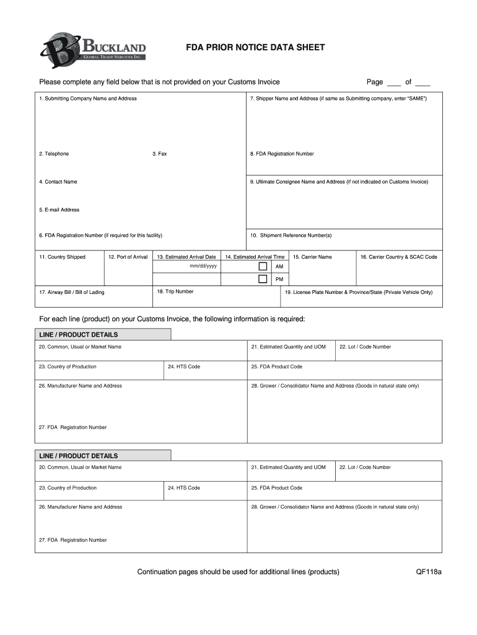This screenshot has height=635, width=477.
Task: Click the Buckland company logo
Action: click(93, 49)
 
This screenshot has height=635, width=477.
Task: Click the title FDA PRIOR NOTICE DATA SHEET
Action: click(255, 48)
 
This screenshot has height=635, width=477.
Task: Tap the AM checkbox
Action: click(263, 266)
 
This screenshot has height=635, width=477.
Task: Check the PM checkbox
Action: click(263, 279)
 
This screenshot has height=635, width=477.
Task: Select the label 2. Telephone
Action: click(54, 154)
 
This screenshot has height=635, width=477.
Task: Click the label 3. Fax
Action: click(160, 154)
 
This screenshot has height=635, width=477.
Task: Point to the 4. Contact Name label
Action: click(58, 182)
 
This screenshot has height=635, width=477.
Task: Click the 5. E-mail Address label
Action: click(59, 210)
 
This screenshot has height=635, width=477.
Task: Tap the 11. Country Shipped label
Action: click(62, 257)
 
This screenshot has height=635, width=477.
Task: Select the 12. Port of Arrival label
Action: click(128, 257)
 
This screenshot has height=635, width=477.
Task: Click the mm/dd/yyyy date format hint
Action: click(203, 266)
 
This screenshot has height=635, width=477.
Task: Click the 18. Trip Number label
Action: click(175, 291)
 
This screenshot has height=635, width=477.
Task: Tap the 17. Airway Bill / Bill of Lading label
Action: click(72, 292)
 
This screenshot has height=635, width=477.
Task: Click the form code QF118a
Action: click(429, 572)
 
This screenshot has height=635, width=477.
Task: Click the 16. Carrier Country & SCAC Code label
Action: click(399, 257)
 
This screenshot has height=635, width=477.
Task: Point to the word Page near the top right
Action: click(375, 82)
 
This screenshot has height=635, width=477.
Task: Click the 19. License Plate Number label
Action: click(359, 292)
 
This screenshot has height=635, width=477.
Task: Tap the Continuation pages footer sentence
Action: click(238, 572)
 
